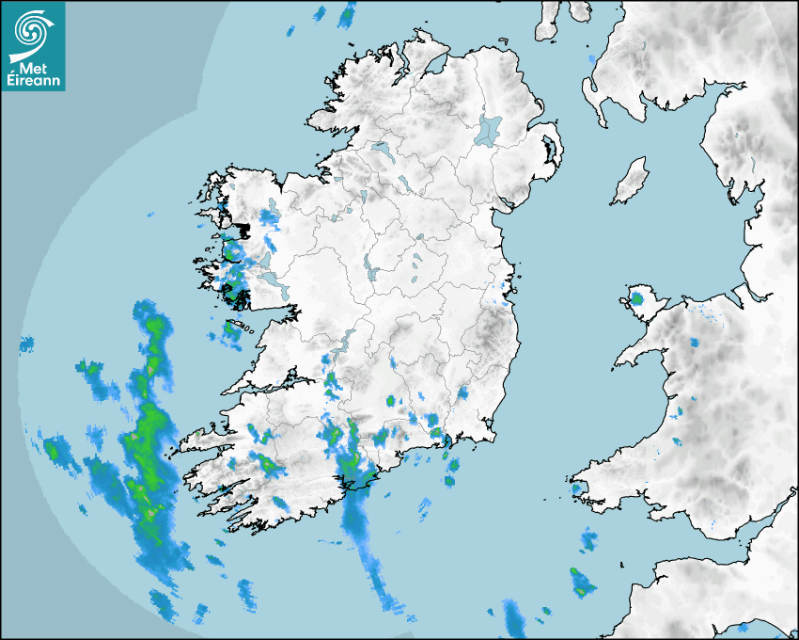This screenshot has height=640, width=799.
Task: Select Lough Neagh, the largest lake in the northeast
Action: click(489, 129)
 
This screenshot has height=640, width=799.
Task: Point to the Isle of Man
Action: click(631, 182)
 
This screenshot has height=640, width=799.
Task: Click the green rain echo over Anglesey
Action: click(638, 299)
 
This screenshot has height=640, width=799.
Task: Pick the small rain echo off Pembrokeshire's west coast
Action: click(577, 488)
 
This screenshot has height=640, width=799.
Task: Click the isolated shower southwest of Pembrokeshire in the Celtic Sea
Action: click(582, 583)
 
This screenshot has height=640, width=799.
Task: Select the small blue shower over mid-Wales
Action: click(694, 344)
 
